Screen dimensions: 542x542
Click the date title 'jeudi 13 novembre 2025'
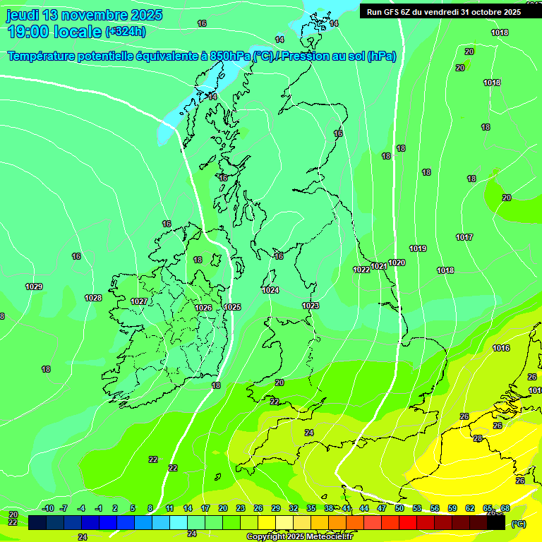tap(85, 15)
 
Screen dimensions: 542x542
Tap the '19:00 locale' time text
tap(54, 31)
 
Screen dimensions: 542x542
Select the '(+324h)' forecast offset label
tap(126, 31)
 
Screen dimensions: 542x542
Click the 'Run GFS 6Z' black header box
tap(440, 11)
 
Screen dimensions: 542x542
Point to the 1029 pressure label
tap(34, 287)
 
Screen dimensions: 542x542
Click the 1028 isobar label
tap(93, 298)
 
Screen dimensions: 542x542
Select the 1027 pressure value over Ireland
tap(139, 301)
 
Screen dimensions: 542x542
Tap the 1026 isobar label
tap(203, 308)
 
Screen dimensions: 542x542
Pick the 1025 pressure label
tap(232, 307)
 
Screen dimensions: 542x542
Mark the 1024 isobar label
tap(270, 290)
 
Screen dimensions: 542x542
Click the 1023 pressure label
tap(311, 306)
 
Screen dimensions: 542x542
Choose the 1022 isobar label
tap(361, 270)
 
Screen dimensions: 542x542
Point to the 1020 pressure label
tap(397, 263)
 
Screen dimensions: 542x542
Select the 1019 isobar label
tap(418, 248)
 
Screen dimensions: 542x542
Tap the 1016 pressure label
tap(501, 348)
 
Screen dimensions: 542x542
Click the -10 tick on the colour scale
tap(48, 508)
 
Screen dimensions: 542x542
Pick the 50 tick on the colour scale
tap(399, 508)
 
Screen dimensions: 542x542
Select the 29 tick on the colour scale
tap(276, 508)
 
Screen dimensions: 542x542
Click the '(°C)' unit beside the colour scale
tap(518, 523)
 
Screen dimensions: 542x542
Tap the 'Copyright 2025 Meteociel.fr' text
tap(299, 536)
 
